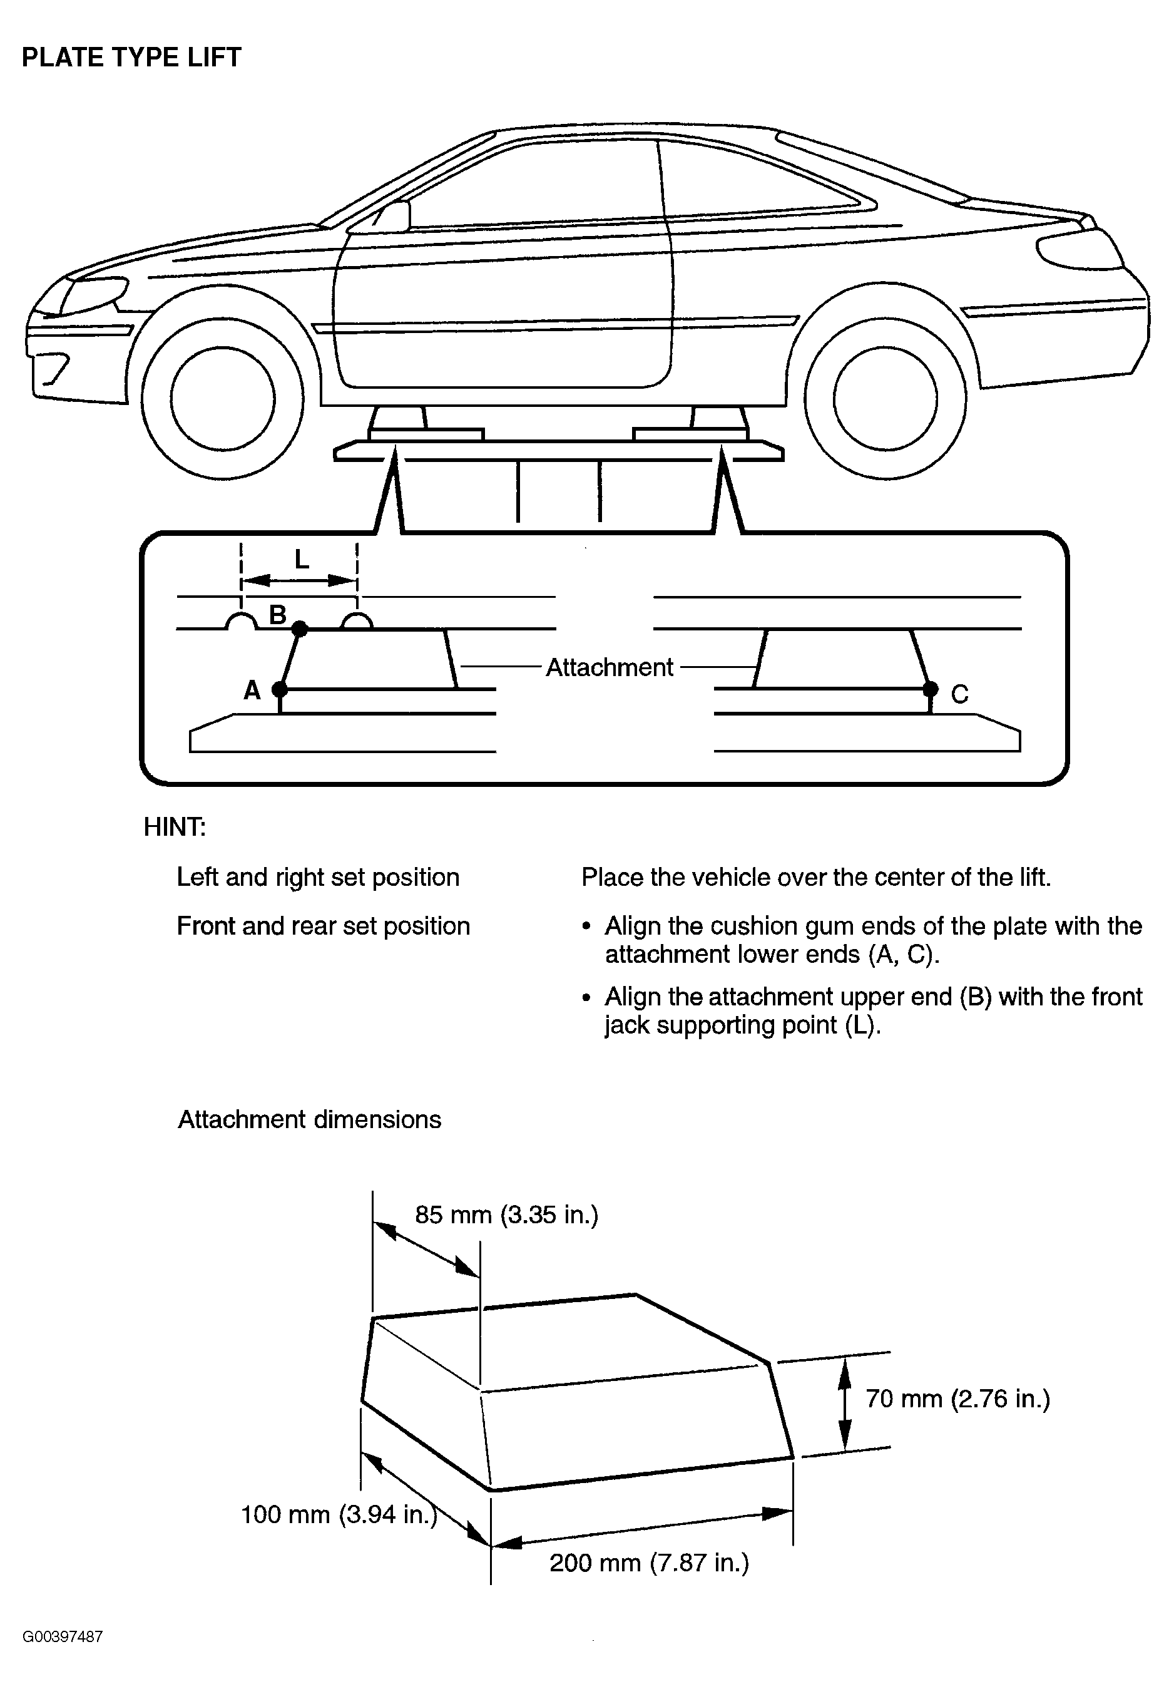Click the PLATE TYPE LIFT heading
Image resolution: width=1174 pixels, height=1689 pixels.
131,58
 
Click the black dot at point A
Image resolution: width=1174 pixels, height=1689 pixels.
280,689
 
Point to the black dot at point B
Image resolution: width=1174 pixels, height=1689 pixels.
299,629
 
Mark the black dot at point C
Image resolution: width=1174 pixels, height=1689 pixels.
931,689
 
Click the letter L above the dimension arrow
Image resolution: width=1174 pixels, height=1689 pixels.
301,560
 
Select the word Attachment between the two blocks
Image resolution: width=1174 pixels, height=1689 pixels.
609,667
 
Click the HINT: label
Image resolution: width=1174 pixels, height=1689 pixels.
175,828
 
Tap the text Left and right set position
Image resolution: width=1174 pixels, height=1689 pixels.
318,878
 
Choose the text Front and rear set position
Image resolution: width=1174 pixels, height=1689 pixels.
323,926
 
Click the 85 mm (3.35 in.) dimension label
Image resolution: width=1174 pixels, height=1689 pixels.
507,1214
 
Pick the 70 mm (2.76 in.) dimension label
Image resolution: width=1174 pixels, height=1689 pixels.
957,1399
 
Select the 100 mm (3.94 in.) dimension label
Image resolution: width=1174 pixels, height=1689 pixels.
339,1515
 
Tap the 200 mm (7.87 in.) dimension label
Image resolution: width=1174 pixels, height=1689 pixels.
650,1563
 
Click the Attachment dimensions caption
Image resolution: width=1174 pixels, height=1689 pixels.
310,1119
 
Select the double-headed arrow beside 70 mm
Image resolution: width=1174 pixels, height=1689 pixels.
845,1404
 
